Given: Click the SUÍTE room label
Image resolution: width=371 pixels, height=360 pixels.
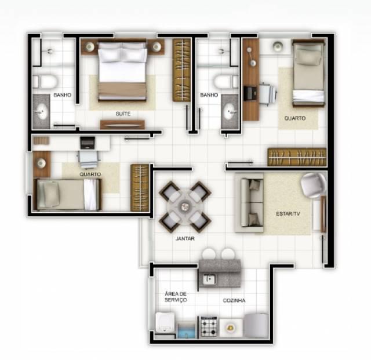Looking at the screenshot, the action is [123, 114].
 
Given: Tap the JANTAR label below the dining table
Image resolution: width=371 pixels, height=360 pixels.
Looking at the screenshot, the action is [185, 239].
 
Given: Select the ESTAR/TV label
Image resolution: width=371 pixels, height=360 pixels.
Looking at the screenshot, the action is [288, 214].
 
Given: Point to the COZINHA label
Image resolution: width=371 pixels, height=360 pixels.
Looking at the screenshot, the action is [234, 300].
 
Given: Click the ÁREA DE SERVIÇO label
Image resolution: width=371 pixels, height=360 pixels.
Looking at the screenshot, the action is [176, 297].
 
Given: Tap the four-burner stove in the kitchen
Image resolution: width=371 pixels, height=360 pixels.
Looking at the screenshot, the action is [209, 327].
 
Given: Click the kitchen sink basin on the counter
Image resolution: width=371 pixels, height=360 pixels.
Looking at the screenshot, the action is [209, 279].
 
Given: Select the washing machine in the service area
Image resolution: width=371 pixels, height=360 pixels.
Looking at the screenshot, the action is [165, 322].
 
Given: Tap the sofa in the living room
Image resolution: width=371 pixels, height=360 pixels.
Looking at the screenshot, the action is [250, 203].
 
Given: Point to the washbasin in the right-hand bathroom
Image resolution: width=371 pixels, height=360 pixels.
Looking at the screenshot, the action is [230, 111].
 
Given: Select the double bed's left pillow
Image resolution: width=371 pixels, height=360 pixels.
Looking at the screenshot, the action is [110, 52].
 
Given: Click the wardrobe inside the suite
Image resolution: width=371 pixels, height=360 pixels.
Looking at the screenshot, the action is [181, 70].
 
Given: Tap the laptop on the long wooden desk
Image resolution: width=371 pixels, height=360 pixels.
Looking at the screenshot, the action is [250, 93].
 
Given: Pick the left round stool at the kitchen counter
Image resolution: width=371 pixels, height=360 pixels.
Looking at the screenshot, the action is [209, 254].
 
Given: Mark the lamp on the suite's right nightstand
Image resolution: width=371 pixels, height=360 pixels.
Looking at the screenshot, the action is [157, 47].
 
